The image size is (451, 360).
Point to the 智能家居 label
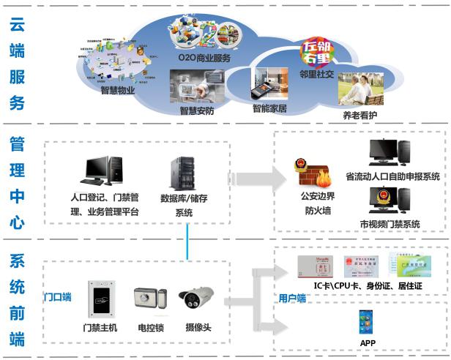pos(269,108)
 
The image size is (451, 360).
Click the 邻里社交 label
pos(318,74)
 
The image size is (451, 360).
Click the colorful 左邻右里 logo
pos(318,53)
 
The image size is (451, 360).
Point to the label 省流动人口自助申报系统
pos(392,177)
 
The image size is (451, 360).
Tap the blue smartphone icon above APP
pos(366,321)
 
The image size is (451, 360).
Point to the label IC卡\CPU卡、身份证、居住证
pos(366,285)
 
